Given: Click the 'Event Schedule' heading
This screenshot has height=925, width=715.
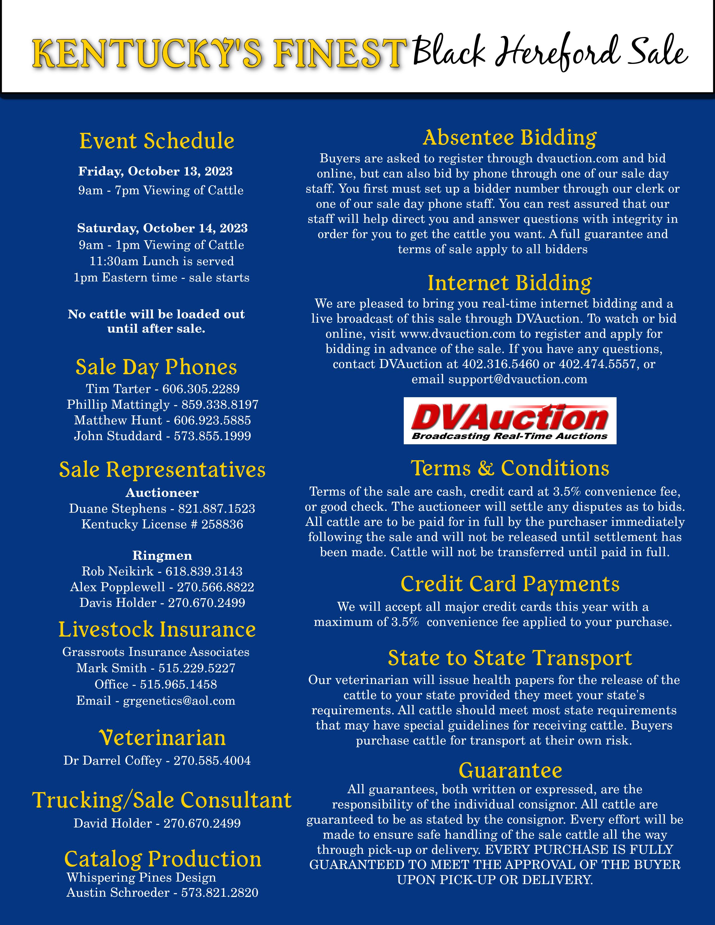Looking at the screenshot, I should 157,141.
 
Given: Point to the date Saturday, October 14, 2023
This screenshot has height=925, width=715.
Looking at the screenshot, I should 162,228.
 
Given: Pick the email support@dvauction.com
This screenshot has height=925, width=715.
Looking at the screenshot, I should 518,379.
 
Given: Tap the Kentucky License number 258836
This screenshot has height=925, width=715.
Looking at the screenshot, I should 222,524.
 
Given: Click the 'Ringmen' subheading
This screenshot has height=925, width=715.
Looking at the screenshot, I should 162,555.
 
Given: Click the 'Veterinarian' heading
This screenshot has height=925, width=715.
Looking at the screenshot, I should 162,738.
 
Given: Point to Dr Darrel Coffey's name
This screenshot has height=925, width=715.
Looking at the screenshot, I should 113,761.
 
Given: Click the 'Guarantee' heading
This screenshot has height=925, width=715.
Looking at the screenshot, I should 510,770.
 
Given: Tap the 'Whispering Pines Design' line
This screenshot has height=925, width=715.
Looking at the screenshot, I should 141,878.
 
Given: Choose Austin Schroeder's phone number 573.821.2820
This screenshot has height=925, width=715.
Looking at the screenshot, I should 220,893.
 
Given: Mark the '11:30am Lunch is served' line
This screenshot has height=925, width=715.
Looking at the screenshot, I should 162,261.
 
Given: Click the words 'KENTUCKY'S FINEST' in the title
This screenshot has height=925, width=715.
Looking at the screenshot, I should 218,54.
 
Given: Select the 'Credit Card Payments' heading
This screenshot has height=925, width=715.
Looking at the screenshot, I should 510,584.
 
